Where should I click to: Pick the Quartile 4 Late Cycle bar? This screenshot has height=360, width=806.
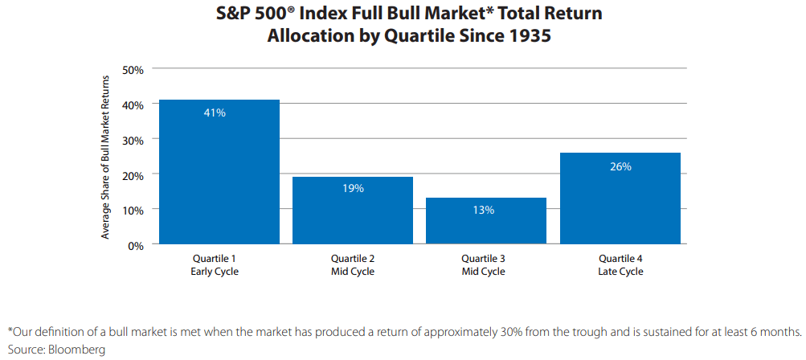coord(619,198)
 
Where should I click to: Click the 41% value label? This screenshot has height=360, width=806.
coord(215,113)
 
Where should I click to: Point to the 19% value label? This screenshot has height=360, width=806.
coord(354,189)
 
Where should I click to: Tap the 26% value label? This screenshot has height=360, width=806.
coord(620,167)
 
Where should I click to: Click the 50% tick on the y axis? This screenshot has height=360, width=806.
coord(133,70)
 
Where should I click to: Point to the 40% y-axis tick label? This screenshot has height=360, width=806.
coord(133,104)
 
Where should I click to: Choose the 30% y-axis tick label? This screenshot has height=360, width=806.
coord(133,140)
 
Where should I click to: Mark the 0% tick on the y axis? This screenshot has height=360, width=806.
coord(136,245)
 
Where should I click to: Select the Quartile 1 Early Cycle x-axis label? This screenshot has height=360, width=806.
coord(215,265)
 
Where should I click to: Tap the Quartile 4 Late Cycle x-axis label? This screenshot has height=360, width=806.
coord(620,265)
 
